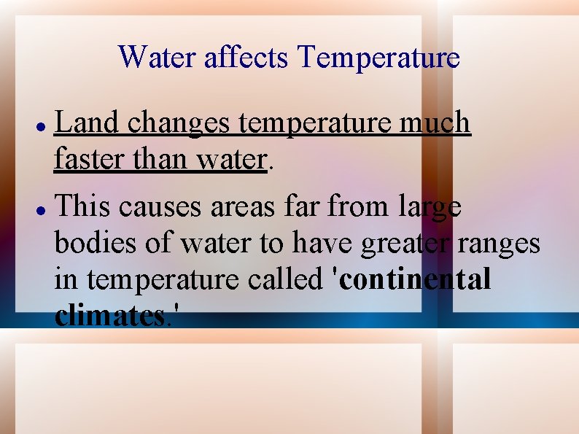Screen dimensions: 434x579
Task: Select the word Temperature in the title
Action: tap(379, 57)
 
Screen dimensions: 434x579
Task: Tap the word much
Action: tap(435, 124)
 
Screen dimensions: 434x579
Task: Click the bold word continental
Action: tap(413, 279)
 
